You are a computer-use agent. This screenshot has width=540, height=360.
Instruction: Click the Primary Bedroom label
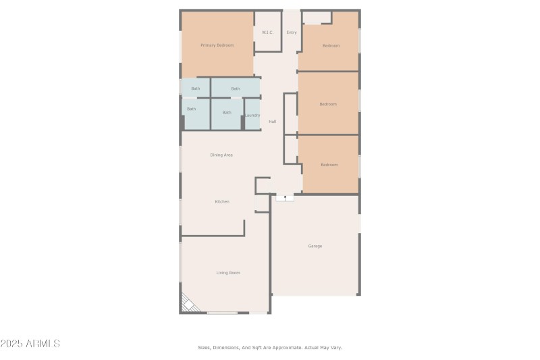coord(217,45)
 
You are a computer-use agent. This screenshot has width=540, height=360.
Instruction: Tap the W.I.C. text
coord(267,32)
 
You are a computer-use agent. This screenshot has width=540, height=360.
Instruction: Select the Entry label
coord(292,32)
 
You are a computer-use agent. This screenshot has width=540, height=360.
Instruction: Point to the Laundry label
coord(252,115)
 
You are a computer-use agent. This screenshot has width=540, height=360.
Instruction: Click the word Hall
coord(273,122)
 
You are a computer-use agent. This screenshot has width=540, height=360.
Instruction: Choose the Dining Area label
coord(221,155)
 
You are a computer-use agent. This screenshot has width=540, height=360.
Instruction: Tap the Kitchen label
coord(222,202)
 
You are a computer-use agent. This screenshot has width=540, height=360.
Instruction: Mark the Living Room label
coord(228,273)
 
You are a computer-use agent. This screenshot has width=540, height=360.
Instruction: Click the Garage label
coord(315,246)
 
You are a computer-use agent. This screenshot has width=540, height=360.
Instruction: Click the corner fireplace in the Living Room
coord(189,304)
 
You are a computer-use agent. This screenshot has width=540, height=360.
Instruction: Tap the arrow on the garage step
coord(285,198)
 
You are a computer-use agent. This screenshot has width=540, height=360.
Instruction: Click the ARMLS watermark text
coord(30,344)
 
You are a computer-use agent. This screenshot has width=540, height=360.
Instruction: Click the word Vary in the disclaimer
coord(335,348)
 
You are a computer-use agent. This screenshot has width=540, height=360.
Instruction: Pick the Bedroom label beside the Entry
coord(330,46)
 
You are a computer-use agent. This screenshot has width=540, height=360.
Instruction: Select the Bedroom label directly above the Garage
coord(329,165)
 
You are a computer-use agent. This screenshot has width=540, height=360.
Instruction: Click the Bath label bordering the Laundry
coord(227,113)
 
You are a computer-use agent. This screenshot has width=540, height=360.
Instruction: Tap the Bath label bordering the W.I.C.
coord(235,88)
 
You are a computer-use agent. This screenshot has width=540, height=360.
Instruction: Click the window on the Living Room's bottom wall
coord(222,313)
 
